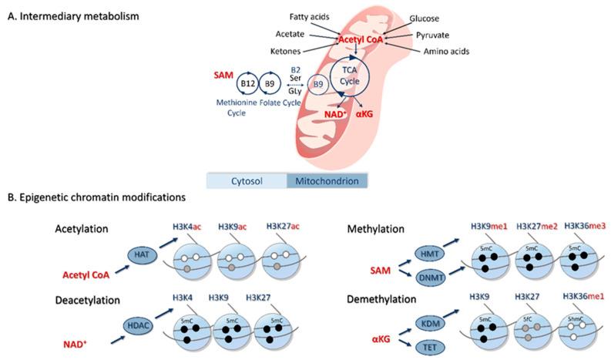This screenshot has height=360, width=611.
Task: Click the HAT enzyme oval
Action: tap(142, 255)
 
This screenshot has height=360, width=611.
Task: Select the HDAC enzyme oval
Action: tap(139, 325)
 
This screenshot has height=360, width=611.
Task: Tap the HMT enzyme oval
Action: tap(430, 254)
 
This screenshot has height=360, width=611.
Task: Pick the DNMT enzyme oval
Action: tap(431, 278)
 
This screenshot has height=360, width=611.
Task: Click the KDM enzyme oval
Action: tap(431, 323)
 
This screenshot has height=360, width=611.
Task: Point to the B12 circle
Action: tap(247, 83)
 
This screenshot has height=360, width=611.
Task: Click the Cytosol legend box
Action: tap(247, 181)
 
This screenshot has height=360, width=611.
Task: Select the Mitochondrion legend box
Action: tap(327, 181)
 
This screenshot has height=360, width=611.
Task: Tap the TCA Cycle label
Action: tap(350, 76)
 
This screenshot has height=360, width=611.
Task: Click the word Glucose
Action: tap(424, 19)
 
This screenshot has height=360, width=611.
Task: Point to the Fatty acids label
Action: tap(310, 17)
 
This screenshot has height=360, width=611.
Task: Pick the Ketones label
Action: tap(286, 51)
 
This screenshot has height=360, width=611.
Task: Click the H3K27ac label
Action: tap(283, 226)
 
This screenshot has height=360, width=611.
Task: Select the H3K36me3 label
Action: tap(585, 226)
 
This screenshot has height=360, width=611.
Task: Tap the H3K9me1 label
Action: tap(489, 226)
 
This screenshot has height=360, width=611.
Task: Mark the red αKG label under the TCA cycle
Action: tap(364, 114)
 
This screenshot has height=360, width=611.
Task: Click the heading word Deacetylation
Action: tap(88, 301)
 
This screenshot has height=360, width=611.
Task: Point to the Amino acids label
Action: tap(447, 51)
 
